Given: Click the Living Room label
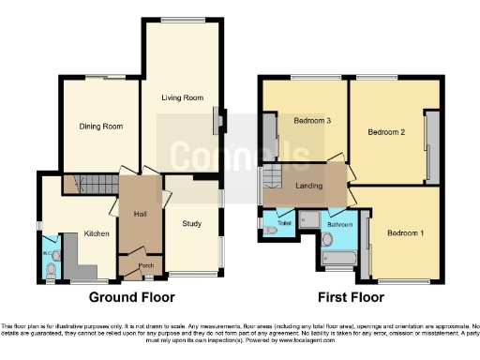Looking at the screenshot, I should coord(182,97).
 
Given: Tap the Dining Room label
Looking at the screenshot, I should coord(100,127).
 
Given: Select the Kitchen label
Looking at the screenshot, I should coord(97,233).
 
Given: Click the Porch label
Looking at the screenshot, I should coord(145,264).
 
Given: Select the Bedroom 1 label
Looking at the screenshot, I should coord(406,232).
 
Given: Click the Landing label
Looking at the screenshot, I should coord(308,186).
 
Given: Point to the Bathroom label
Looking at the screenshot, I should coord(339,225).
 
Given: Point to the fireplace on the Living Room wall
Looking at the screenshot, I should coord(219,120).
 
